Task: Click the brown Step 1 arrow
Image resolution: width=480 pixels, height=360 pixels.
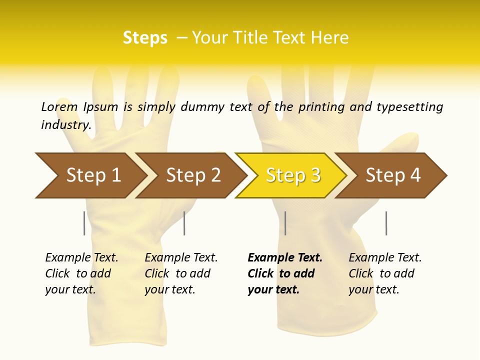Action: pyautogui.click(x=90, y=175)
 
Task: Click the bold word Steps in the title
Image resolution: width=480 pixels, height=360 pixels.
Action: pyautogui.click(x=145, y=38)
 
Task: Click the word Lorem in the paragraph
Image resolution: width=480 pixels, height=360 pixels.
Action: pyautogui.click(x=59, y=106)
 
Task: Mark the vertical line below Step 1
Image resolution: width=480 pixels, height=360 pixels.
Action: pyautogui.click(x=84, y=223)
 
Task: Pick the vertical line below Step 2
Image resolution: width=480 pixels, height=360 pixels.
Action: pyautogui.click(x=184, y=223)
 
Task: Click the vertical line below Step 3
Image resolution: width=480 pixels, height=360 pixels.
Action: pyautogui.click(x=285, y=223)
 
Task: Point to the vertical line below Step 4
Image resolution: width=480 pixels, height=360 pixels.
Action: pyautogui.click(x=386, y=223)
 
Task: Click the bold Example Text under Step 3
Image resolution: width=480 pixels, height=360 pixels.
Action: pyautogui.click(x=285, y=257)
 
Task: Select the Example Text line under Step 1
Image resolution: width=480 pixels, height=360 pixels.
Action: pyautogui.click(x=81, y=257)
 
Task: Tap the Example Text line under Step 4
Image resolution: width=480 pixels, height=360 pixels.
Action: pyautogui.click(x=385, y=257)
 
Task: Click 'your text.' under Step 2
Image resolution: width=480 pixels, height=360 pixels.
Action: pyautogui.click(x=169, y=289)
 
